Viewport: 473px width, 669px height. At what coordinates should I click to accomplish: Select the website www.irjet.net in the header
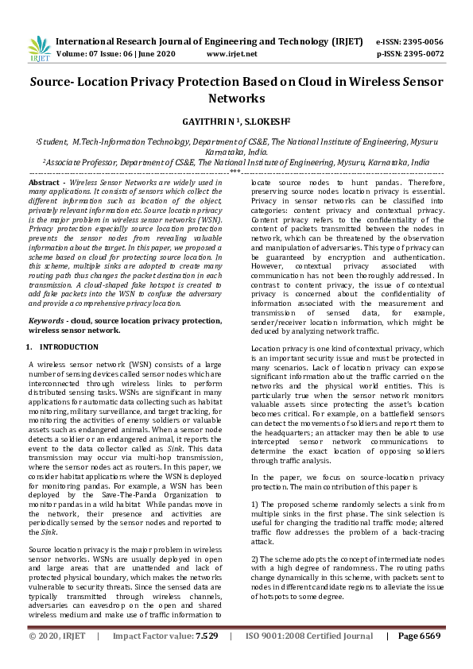click(231, 54)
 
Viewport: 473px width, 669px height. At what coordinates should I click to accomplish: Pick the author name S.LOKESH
click(266, 124)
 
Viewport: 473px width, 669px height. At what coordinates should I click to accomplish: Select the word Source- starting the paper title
click(53, 82)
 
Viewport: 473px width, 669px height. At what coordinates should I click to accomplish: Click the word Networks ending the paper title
click(236, 99)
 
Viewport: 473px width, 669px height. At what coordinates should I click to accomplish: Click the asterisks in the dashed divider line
click(235, 171)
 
